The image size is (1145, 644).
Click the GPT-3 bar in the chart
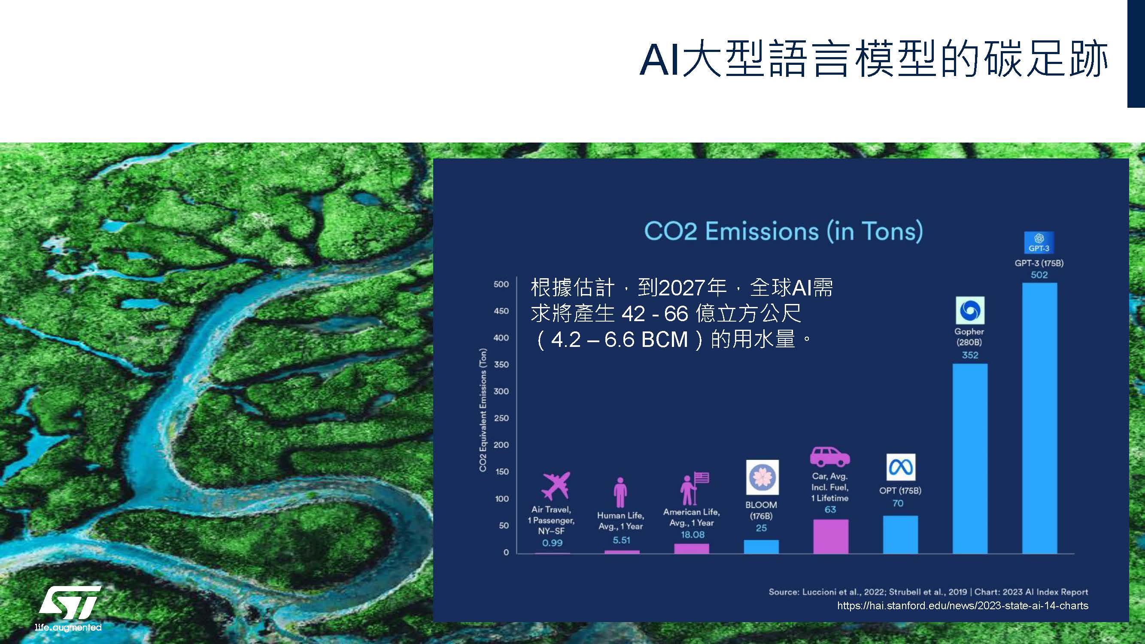(x=1039, y=418)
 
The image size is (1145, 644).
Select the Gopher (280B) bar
(x=970, y=459)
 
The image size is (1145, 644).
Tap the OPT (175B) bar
(x=900, y=535)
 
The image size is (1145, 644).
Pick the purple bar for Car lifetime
(x=831, y=536)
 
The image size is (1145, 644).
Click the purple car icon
(x=830, y=457)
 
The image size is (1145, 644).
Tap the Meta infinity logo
(x=901, y=467)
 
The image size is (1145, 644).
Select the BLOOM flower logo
(x=762, y=477)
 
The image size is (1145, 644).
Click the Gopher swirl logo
(x=970, y=310)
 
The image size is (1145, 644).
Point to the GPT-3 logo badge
(x=1039, y=243)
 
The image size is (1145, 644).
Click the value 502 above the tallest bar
(x=1039, y=275)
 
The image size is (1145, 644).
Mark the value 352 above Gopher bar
(x=970, y=355)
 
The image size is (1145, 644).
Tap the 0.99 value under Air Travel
(x=552, y=543)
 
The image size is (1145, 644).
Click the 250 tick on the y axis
(x=501, y=418)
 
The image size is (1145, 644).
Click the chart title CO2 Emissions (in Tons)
(x=783, y=231)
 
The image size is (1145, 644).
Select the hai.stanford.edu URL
(x=963, y=606)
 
